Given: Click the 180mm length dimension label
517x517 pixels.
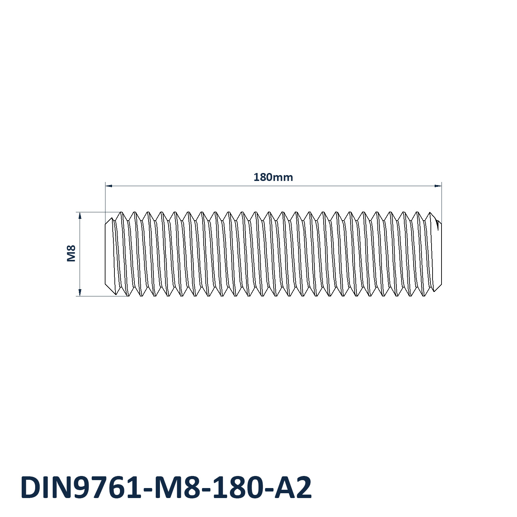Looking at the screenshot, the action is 273,177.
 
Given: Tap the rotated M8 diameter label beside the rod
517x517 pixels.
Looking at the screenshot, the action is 71,253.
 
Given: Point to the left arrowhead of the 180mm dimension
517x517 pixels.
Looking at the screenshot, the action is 109,186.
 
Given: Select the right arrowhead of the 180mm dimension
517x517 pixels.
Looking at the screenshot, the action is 438,186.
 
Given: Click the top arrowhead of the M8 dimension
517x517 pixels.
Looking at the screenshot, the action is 80,216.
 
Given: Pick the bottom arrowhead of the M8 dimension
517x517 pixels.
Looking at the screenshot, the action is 80,293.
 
